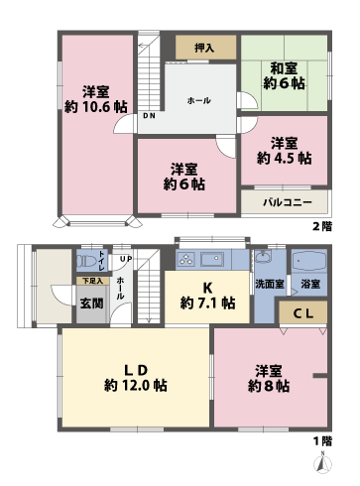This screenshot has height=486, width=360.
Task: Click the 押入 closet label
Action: pyautogui.click(x=205, y=47)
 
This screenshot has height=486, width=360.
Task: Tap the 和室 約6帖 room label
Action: pyautogui.click(x=284, y=75)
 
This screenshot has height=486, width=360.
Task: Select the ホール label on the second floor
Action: pyautogui.click(x=198, y=101)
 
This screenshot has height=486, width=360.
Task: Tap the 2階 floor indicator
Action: pyautogui.click(x=322, y=226)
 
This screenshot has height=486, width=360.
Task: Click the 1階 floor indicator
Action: pyautogui.click(x=322, y=439)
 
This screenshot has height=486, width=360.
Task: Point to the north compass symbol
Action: pyautogui.click(x=320, y=460)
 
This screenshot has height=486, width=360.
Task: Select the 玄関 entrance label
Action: pyautogui.click(x=90, y=303)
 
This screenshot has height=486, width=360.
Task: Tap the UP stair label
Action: pyautogui.click(x=126, y=260)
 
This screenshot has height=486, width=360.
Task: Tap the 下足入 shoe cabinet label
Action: pyautogui.click(x=90, y=282)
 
